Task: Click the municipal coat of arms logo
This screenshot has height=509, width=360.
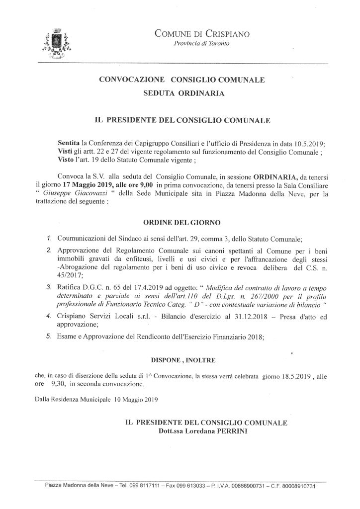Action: tap(57, 42)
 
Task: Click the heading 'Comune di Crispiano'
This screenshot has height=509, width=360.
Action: tap(202, 34)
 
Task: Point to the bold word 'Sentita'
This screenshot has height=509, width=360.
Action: tap(69, 142)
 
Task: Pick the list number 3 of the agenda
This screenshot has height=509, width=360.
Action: tap(49, 287)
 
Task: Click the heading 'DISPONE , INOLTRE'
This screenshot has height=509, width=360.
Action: tap(180, 358)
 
